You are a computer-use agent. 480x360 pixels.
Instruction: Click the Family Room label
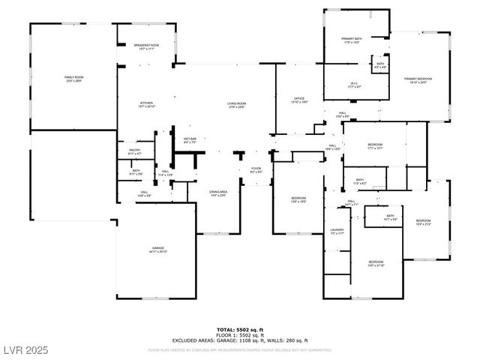(x=73, y=78)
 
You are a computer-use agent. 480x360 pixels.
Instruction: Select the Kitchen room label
(x=145, y=103)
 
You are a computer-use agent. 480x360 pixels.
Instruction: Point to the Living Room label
(x=237, y=103)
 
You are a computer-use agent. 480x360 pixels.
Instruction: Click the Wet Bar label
(x=190, y=139)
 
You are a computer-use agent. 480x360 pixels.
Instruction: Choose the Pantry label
(x=134, y=151)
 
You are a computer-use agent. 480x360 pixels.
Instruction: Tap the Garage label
(x=158, y=249)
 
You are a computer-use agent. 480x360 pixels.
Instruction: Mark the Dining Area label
(x=218, y=193)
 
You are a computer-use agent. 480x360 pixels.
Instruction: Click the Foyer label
(x=256, y=169)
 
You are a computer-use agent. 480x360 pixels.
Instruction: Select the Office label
(x=298, y=99)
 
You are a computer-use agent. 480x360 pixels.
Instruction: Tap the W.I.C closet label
(x=355, y=84)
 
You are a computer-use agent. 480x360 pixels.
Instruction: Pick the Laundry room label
(x=337, y=231)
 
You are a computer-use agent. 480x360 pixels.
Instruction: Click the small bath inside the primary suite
(x=380, y=64)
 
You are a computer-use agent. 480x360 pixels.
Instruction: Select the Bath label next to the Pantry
(x=136, y=171)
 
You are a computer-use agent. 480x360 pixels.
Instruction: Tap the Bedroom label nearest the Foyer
(x=298, y=199)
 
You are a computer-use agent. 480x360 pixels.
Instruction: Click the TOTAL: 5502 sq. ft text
(x=240, y=330)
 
